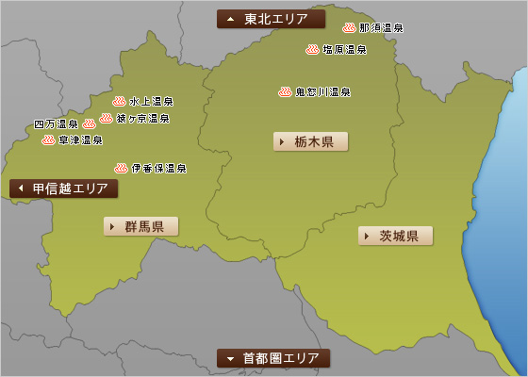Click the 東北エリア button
point(271,19)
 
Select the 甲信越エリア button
point(64,188)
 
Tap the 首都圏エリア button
point(273,358)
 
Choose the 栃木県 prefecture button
point(311,142)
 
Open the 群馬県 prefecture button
point(141,226)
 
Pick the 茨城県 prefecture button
point(396,236)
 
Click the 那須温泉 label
point(381,28)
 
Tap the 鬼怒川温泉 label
point(323,92)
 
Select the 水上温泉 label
point(152,101)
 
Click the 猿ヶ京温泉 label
point(143,120)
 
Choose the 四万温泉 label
point(56,123)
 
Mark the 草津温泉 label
point(80,140)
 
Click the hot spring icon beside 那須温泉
point(350,28)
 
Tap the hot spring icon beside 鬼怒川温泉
point(285,91)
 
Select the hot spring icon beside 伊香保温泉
point(121,168)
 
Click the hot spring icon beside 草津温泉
point(48,139)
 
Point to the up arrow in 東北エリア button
point(230,19)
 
